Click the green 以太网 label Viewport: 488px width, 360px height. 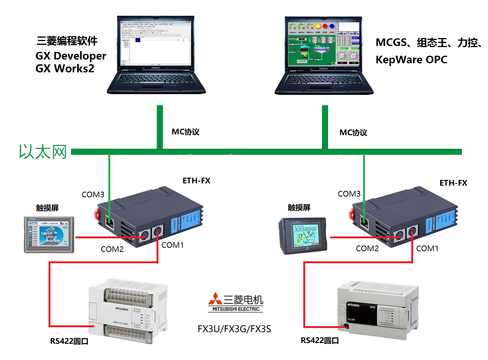(43, 152)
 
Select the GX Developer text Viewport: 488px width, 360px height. (71, 56)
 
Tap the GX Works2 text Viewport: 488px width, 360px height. (65, 69)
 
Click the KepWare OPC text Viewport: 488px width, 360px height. (411, 59)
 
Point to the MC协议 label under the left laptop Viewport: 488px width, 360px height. (185, 132)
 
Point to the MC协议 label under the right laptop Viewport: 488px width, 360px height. (353, 133)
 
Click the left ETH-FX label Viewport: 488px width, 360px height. (196, 181)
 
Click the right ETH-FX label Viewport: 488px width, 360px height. (453, 183)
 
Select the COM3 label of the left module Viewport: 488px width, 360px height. (93, 195)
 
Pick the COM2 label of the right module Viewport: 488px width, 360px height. (367, 249)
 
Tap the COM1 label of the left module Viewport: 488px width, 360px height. (173, 245)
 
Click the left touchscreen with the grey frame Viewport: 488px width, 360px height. (49, 234)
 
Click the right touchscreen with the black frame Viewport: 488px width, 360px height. (303, 236)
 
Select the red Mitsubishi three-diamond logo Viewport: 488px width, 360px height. (215, 299)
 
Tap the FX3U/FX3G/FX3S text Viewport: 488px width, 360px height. (234, 329)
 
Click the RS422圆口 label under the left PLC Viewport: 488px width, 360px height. (69, 341)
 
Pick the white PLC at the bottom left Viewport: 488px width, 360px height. (128, 311)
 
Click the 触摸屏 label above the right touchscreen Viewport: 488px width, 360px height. (299, 207)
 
